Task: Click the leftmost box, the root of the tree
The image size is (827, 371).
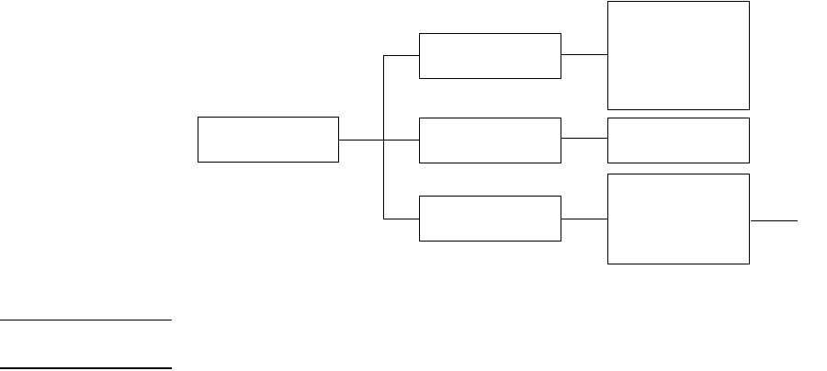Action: (268, 140)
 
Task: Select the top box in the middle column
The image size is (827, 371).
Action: (490, 56)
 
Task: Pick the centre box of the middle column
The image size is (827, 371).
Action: (490, 140)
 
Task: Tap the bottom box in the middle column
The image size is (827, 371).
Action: (490, 219)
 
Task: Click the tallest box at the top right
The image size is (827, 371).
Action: (678, 55)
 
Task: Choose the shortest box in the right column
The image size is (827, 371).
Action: (678, 140)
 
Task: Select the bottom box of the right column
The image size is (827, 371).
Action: (678, 219)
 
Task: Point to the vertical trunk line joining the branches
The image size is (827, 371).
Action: (383, 179)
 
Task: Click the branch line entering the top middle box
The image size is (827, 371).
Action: (402, 55)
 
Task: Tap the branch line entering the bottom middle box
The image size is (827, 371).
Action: (402, 219)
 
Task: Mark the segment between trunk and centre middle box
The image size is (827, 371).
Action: (402, 141)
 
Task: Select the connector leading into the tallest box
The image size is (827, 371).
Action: (584, 55)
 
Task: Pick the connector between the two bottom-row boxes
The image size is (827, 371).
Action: (584, 219)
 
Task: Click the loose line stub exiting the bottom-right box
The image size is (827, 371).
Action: (774, 220)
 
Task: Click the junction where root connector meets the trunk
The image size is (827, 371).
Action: (383, 141)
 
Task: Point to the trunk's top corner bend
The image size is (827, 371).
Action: (383, 55)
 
